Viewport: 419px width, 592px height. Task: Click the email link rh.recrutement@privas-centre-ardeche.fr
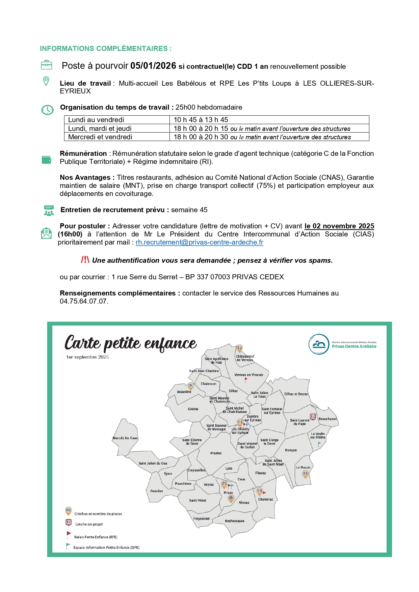tap(199, 243)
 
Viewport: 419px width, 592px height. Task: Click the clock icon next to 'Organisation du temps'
tap(47, 110)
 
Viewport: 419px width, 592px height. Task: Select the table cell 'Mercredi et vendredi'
tap(100, 137)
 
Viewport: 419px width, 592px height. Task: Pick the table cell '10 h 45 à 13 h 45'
tap(201, 120)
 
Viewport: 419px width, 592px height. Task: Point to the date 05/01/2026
tap(153, 66)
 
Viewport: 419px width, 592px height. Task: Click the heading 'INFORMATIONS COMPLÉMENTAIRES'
tap(106, 49)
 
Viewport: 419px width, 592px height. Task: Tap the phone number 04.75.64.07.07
tap(84, 301)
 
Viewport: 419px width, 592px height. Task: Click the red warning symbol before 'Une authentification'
tap(85, 260)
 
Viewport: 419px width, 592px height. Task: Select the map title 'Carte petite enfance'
tap(130, 343)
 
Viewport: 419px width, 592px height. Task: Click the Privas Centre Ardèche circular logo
tap(319, 344)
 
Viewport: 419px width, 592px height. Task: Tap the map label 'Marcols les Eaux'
tap(125, 438)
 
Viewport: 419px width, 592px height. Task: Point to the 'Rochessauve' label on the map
tap(234, 521)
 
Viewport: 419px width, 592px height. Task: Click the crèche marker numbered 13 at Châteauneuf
tap(239, 348)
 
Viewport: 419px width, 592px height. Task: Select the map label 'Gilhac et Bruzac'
tap(296, 394)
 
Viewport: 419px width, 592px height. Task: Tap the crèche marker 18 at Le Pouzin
tap(305, 474)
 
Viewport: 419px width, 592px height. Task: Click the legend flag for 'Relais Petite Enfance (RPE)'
tap(69, 535)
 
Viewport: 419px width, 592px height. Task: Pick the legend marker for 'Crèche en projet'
tap(69, 523)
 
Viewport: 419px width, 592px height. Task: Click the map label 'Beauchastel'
tap(328, 419)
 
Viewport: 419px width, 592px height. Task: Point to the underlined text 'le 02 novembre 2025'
tap(339, 226)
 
